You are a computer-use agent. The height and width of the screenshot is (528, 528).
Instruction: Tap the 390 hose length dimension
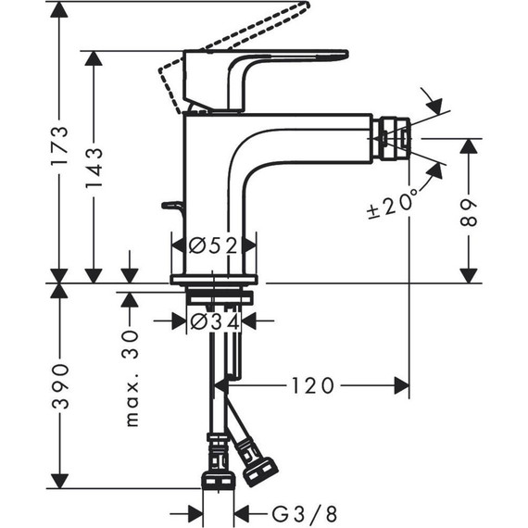(x=58, y=387)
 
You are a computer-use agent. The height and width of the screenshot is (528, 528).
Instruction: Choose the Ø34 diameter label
(x=213, y=321)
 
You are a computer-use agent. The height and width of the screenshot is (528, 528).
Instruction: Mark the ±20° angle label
(x=394, y=199)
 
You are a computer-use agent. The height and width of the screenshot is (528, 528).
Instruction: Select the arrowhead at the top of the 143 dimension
(x=93, y=58)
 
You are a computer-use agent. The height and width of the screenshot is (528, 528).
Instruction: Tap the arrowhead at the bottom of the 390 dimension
(x=58, y=481)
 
